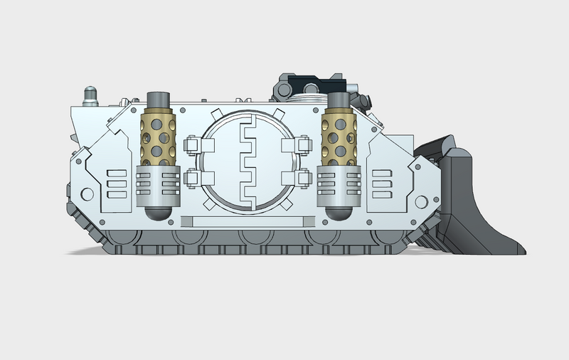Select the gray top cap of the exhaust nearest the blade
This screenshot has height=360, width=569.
(x=337, y=100)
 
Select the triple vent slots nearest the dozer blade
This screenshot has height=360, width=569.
(x=382, y=183)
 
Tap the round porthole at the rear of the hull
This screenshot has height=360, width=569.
(x=87, y=194)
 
